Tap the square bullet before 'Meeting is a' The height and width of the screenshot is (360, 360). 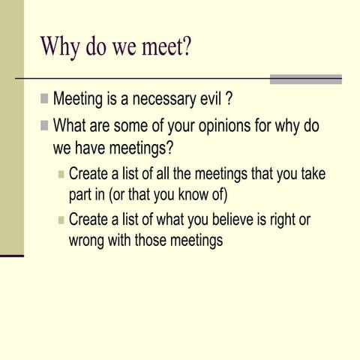pyautogui.click(x=45, y=98)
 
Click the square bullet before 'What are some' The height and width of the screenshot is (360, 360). pyautogui.click(x=45, y=125)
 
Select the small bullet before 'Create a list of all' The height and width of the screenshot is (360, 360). pyautogui.click(x=61, y=175)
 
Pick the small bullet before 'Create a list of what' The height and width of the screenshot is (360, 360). pyautogui.click(x=61, y=220)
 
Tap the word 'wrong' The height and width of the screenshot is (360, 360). pyautogui.click(x=86, y=241)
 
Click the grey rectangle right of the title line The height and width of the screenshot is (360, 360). pyautogui.click(x=305, y=79)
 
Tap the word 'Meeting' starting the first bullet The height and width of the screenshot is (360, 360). pyautogui.click(x=78, y=99)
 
